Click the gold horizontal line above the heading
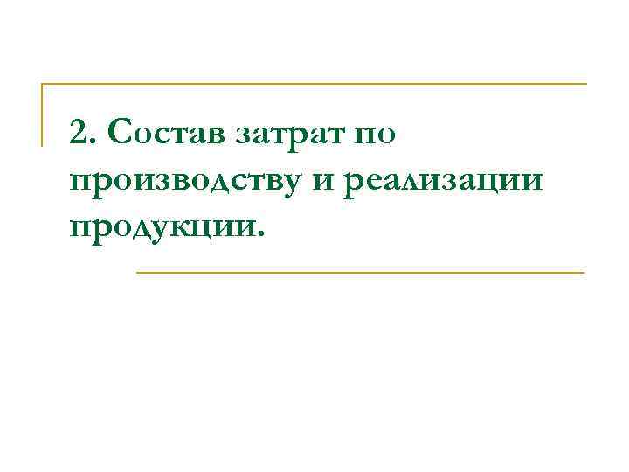coord(314,85)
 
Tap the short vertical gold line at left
coord(43,115)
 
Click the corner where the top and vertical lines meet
coord(43,85)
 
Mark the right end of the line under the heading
coord(583,273)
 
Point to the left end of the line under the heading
coord(138,273)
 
